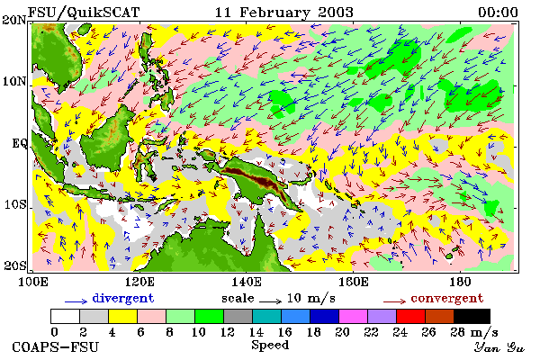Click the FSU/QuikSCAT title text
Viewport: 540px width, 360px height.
(84, 13)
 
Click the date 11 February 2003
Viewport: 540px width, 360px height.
(284, 13)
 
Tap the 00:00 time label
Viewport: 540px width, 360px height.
(498, 13)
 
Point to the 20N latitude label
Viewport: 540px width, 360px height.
(14, 19)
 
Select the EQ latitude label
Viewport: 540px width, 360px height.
(19, 143)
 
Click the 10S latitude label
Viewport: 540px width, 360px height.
(15, 204)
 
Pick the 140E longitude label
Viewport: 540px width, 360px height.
(246, 282)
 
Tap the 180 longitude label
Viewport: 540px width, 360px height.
(460, 282)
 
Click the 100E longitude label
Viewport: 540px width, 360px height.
(32, 282)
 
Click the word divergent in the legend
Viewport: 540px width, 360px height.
(123, 298)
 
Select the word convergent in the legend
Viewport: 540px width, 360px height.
(447, 298)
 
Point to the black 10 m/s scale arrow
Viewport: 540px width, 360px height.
(270, 302)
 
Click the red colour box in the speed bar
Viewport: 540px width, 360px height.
(410, 316)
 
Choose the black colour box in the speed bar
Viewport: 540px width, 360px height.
(472, 316)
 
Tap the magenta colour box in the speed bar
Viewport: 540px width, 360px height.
(353, 316)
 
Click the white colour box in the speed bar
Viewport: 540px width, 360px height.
(66, 316)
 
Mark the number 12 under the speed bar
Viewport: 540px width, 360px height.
(227, 332)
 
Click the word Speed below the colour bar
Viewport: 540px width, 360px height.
(270, 346)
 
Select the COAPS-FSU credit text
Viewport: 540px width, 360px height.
(56, 346)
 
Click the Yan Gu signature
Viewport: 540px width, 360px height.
(499, 347)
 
